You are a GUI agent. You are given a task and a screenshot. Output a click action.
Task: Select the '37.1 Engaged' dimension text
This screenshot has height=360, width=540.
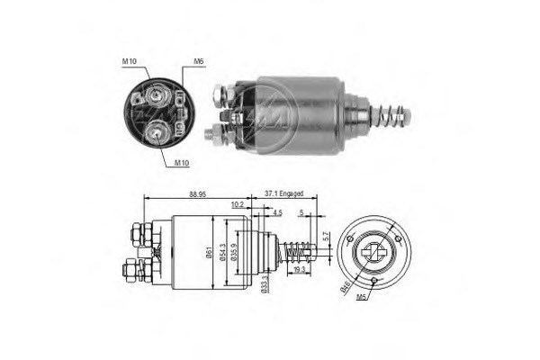tap(284, 193)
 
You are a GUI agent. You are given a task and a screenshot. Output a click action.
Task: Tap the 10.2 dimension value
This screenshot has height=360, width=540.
tap(237, 205)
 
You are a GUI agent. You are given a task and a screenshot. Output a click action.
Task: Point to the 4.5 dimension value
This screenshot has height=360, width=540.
tap(277, 213)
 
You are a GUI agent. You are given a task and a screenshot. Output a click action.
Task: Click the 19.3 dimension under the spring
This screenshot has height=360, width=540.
tap(299, 269)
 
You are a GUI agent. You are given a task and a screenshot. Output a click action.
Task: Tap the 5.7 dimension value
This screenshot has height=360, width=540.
tap(327, 239)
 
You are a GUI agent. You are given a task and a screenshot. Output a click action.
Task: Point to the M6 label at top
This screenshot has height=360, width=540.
tap(197, 62)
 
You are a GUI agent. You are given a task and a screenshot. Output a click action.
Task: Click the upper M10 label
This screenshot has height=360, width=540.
tap(129, 62)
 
